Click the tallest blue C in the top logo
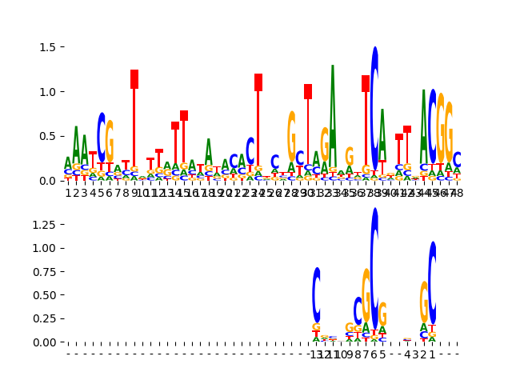374,108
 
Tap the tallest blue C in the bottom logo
374,268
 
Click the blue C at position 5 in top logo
102,138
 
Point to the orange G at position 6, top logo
110,142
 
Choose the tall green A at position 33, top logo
333,120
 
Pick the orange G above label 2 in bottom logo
424,302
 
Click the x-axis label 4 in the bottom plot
407,354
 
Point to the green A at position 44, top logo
424,128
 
